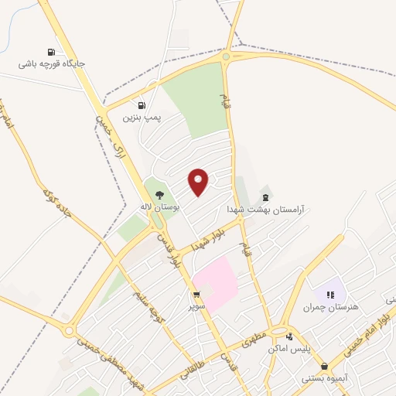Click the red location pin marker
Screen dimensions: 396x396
tap(200, 183)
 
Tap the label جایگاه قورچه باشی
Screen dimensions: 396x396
tap(54, 64)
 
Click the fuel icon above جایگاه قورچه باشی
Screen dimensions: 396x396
tap(50, 52)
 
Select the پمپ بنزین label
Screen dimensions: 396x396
tap(145, 117)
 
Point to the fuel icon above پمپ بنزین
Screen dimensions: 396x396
tap(142, 105)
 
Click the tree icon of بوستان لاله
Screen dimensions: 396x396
tap(159, 195)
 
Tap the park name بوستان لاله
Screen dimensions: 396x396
tap(159, 207)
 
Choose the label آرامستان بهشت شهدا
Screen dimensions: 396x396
tap(266, 210)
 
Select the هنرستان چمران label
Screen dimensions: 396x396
tap(333, 307)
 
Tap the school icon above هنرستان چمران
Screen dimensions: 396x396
tap(330, 295)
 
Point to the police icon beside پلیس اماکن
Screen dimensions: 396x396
tap(290, 336)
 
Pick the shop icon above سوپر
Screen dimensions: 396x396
tap(196, 295)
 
